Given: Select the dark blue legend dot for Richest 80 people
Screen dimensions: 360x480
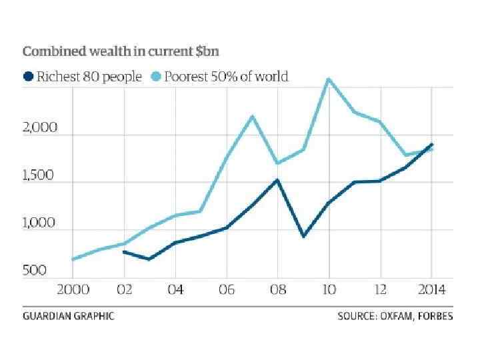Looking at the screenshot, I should click(29, 77).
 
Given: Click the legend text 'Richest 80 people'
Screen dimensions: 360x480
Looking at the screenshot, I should click(89, 77).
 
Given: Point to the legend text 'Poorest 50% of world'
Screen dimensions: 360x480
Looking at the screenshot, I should click(227, 77).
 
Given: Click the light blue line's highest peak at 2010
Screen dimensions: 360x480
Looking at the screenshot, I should click(329, 79).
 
